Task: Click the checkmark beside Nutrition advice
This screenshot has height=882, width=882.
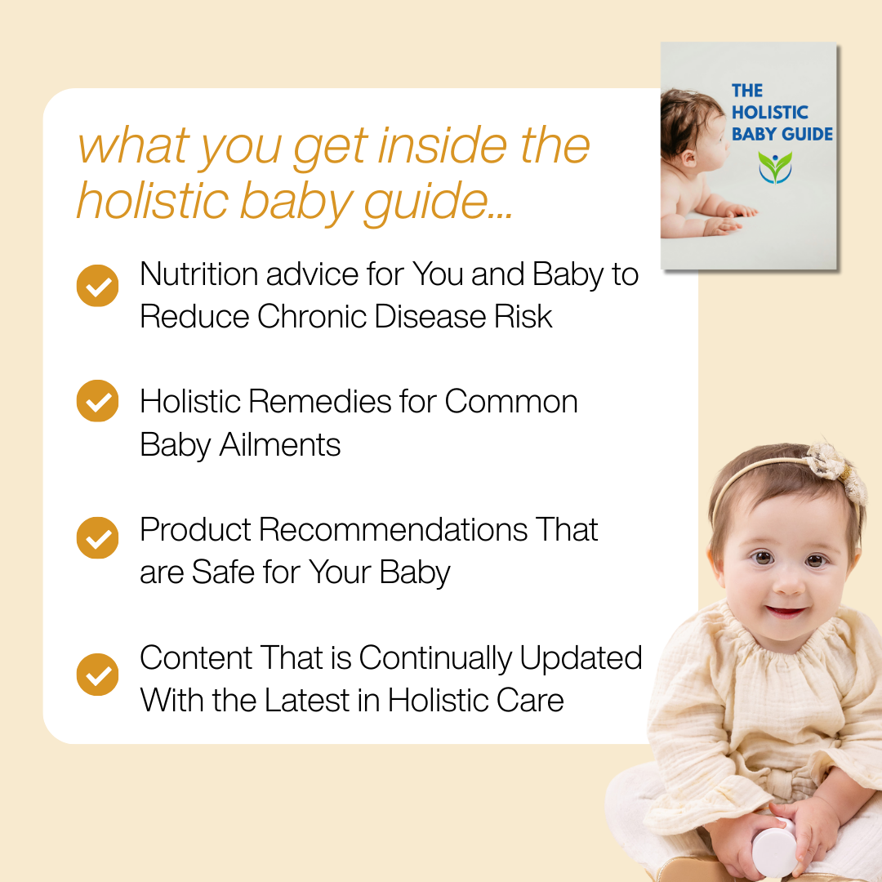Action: click(x=97, y=286)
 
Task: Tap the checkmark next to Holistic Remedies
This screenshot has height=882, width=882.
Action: click(x=97, y=401)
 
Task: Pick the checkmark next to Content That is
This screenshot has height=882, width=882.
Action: click(x=97, y=675)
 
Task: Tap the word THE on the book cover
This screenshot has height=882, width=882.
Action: click(x=746, y=91)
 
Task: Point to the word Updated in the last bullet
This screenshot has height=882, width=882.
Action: click(x=581, y=658)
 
